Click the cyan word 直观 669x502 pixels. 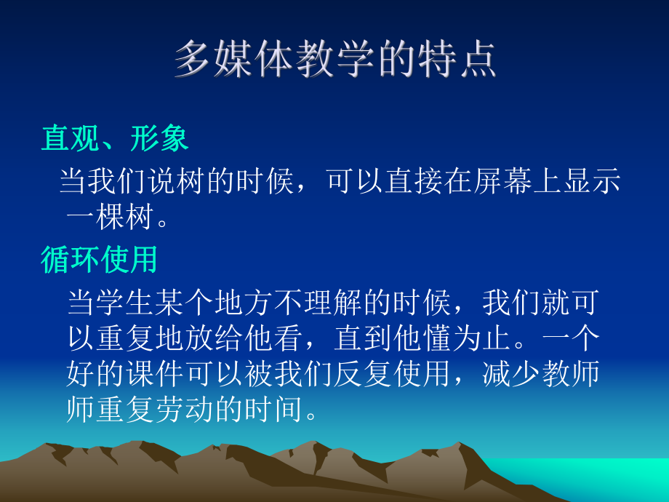tap(71, 138)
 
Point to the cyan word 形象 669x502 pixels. tap(160, 138)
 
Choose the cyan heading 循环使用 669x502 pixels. tap(100, 260)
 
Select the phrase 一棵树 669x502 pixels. tap(109, 218)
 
